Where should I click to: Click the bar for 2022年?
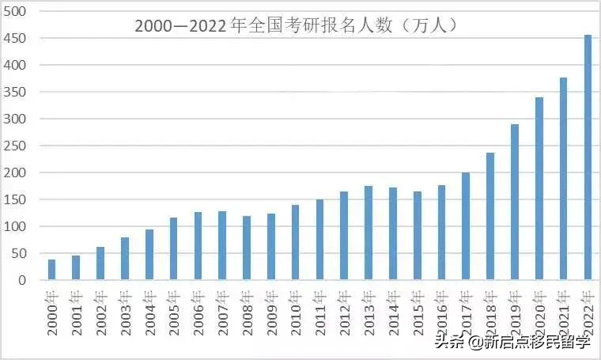click(x=588, y=157)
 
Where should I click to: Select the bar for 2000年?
click(x=52, y=270)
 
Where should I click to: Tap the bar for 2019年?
click(x=515, y=202)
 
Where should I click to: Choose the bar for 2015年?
click(x=418, y=235)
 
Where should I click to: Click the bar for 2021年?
click(x=564, y=179)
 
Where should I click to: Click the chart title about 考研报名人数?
click(x=297, y=25)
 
